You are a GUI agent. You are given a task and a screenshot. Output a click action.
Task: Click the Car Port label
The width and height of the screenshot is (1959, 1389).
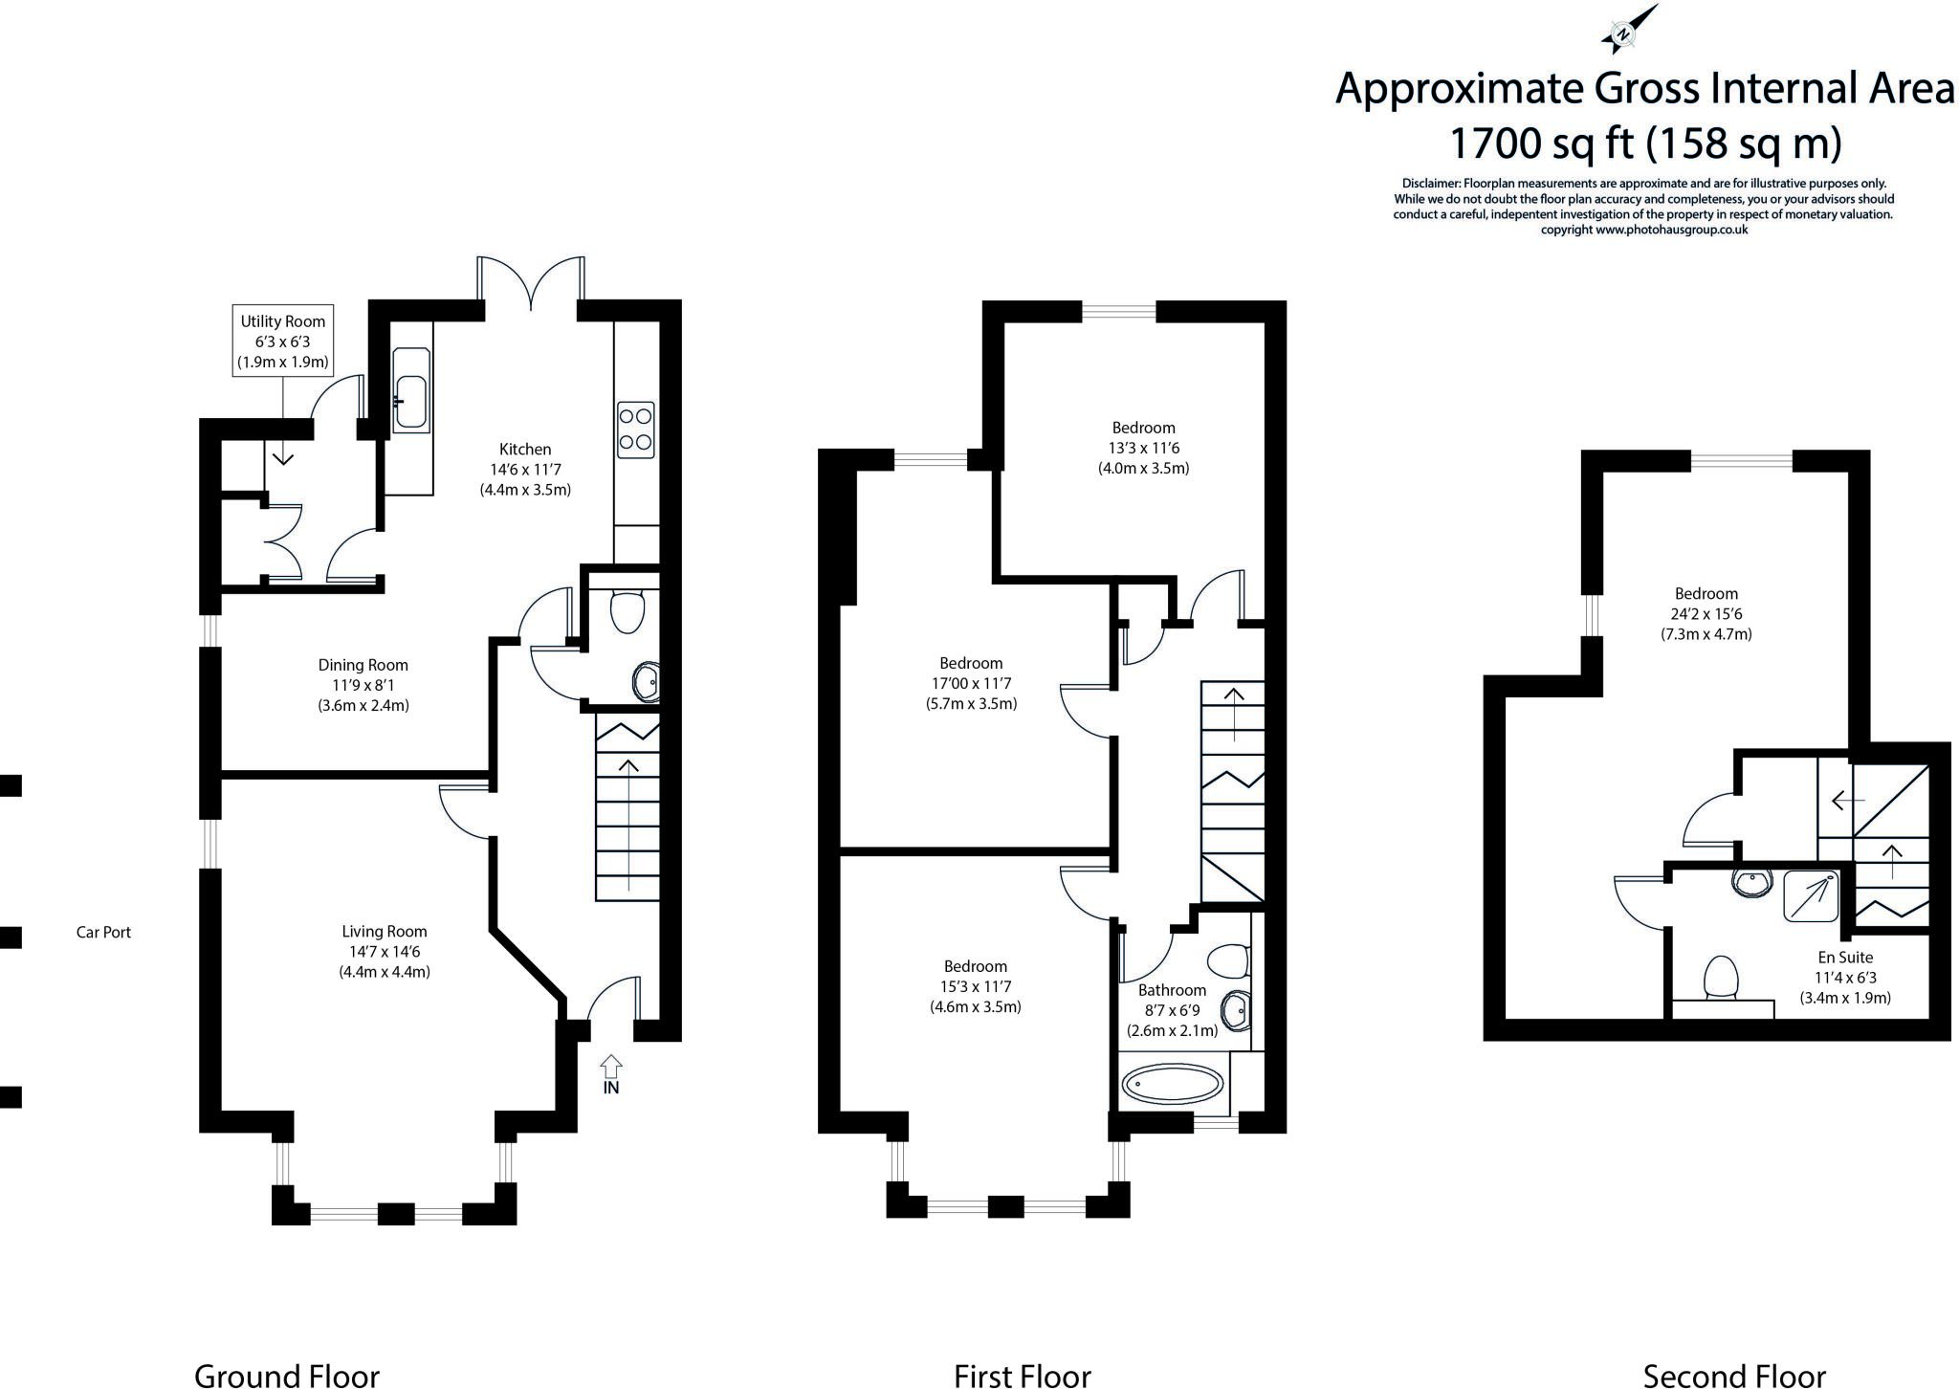pyautogui.click(x=103, y=932)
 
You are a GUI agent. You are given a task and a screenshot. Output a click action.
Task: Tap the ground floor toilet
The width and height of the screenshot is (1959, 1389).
pyautogui.click(x=627, y=611)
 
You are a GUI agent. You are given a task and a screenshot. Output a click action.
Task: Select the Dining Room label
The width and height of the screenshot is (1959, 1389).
pyautogui.click(x=363, y=665)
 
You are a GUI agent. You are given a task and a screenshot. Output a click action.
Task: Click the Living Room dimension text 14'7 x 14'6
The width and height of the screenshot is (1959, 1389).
pyautogui.click(x=385, y=952)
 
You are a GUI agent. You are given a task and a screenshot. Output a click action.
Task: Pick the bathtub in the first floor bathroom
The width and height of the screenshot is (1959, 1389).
pyautogui.click(x=1173, y=1084)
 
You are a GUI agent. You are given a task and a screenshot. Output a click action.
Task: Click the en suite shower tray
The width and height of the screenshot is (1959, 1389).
pyautogui.click(x=1811, y=895)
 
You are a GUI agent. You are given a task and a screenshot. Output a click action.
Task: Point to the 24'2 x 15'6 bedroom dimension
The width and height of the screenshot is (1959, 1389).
pyautogui.click(x=1706, y=613)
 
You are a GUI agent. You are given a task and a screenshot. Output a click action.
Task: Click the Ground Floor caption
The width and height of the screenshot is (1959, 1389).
pyautogui.click(x=287, y=1376)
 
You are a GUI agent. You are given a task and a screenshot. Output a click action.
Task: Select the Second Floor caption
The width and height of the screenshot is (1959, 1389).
pyautogui.click(x=1734, y=1376)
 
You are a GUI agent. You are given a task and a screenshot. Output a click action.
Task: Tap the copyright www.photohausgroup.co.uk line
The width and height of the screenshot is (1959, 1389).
pyautogui.click(x=1644, y=230)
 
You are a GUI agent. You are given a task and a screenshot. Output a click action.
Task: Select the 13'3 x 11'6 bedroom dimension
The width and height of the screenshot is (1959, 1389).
pyautogui.click(x=1143, y=448)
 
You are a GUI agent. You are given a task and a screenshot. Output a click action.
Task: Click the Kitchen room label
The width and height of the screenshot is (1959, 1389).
pyautogui.click(x=525, y=449)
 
